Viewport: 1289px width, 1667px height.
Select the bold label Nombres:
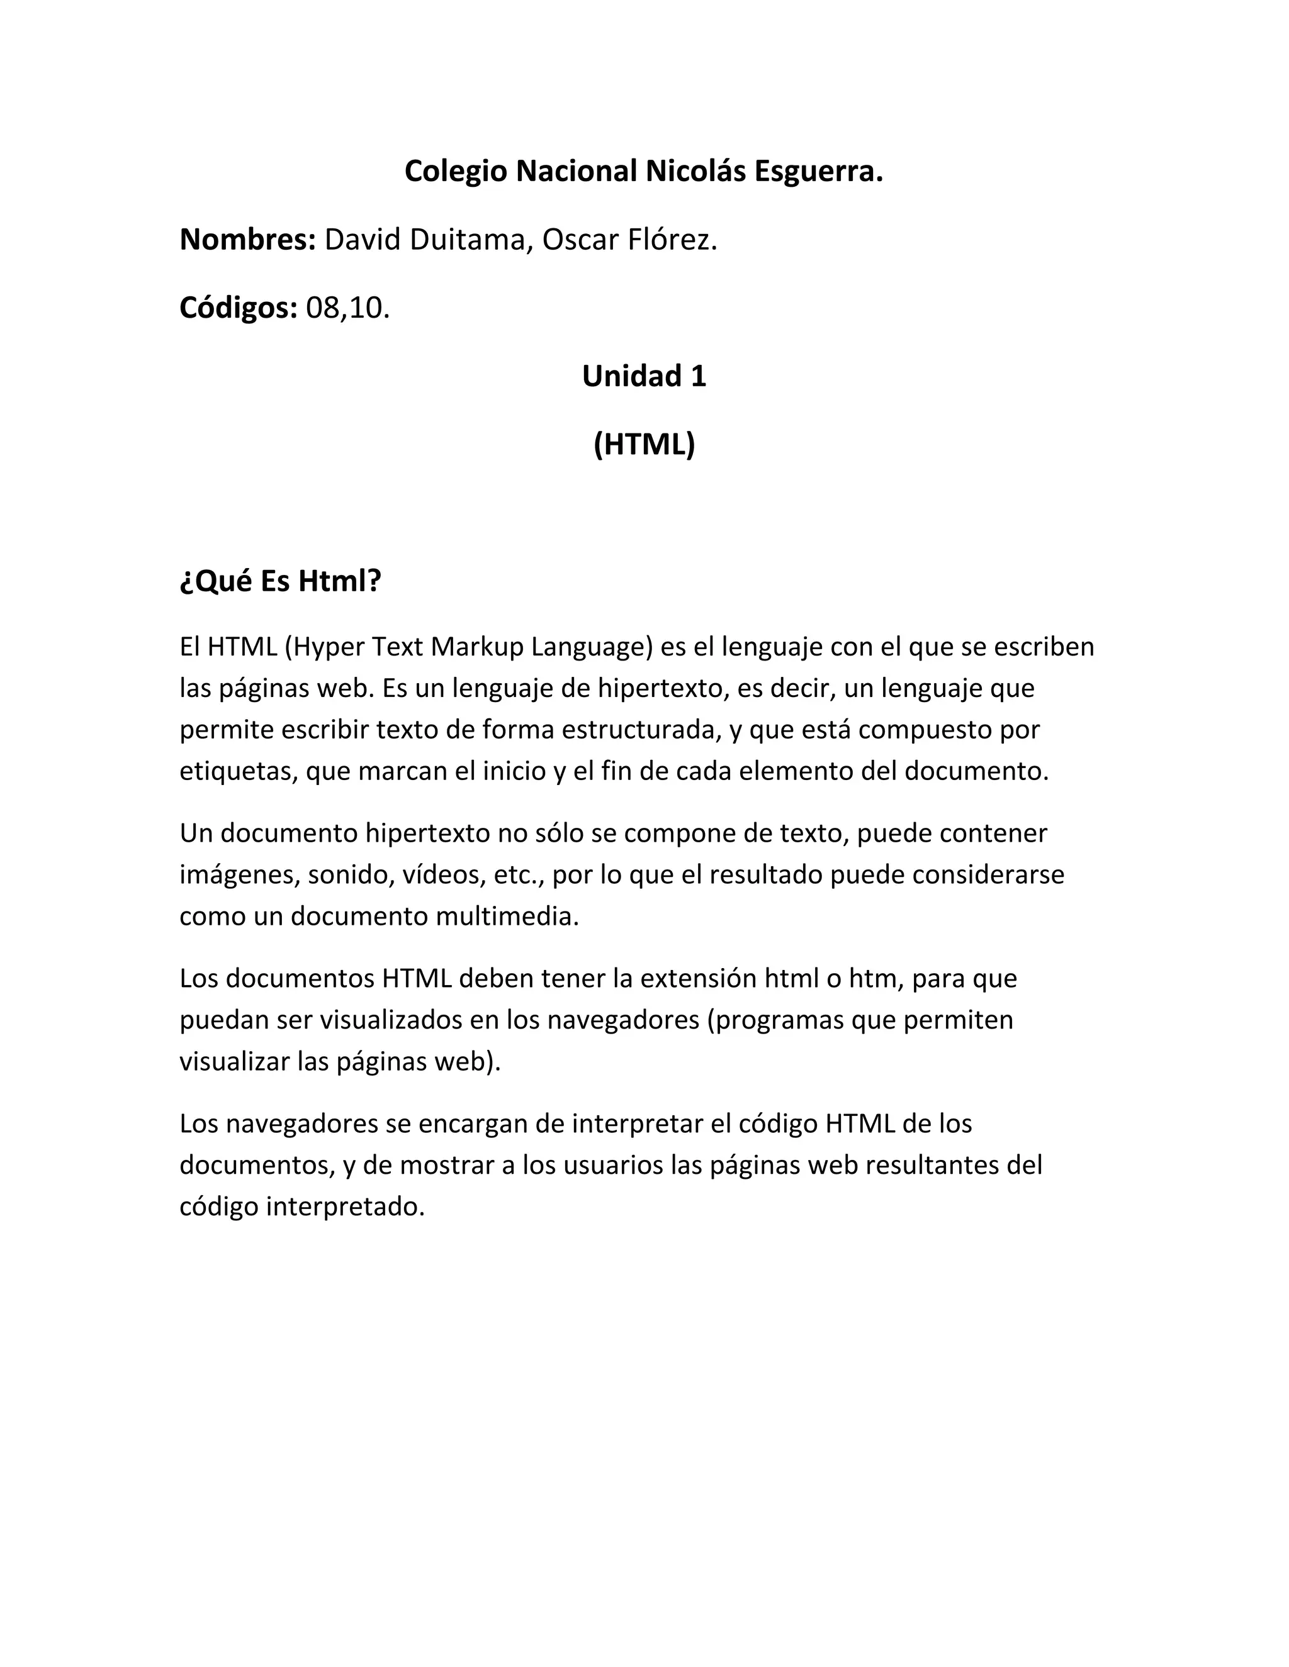247,240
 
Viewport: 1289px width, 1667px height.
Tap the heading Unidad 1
644,376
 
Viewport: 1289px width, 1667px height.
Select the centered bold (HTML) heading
644,444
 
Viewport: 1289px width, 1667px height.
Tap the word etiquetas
237,772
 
